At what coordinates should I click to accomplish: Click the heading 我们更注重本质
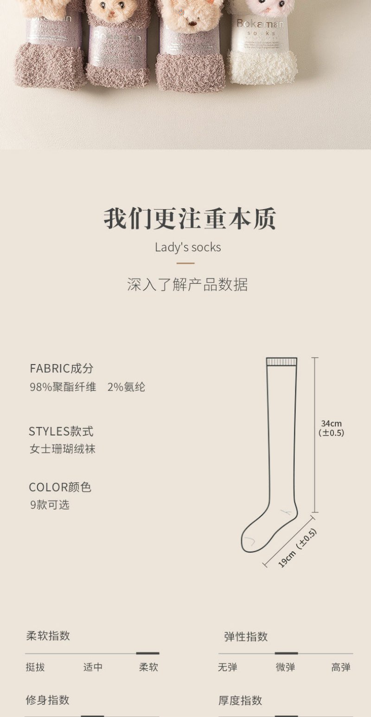tap(189, 219)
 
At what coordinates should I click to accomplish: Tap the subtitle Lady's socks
tap(188, 247)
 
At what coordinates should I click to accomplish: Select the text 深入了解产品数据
tap(187, 284)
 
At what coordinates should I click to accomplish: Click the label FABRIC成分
tap(61, 369)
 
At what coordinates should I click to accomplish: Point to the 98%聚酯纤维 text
tap(63, 387)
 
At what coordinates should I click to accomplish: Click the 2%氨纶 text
tap(126, 387)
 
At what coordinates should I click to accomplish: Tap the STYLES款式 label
tap(61, 431)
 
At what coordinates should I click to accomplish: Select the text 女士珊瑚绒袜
tap(63, 449)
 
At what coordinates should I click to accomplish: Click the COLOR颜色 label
tap(60, 487)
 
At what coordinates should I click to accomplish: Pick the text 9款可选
tap(50, 505)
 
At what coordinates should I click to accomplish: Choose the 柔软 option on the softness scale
tap(148, 667)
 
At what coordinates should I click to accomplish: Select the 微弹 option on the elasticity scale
tap(286, 667)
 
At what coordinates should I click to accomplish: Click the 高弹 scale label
tap(341, 667)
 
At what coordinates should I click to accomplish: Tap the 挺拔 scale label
tap(35, 667)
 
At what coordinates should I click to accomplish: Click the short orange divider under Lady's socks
tap(185, 263)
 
